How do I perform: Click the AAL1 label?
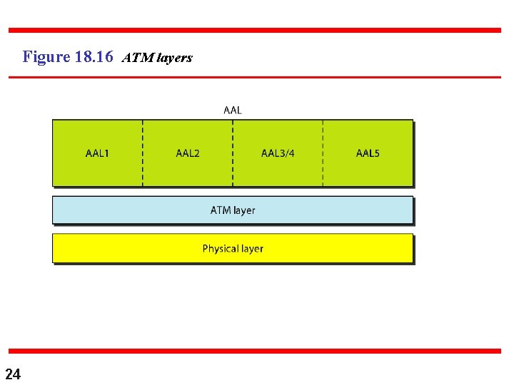coord(97,153)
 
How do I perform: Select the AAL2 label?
coord(188,153)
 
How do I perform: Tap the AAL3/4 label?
coord(278,153)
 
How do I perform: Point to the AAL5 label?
coord(368,153)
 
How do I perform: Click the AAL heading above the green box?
coord(233,110)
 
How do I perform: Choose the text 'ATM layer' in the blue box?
coord(233,210)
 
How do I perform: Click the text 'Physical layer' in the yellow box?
coord(233,249)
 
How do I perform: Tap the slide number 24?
coord(13,374)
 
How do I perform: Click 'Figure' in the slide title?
coord(46,56)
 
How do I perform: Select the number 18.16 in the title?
coord(94,56)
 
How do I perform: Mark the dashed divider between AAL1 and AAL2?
coord(143,153)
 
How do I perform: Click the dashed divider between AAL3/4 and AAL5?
coord(323,153)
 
